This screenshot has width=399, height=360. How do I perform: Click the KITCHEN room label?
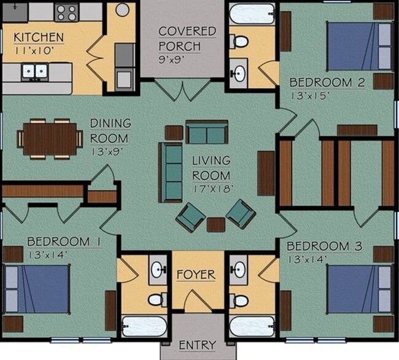[39, 37]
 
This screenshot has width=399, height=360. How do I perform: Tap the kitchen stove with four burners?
[66, 13]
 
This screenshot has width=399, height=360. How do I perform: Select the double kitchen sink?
[35, 71]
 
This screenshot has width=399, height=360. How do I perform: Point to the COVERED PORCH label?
[187, 39]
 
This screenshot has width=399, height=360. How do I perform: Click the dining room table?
[50, 139]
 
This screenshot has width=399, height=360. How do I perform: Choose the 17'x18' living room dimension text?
[213, 189]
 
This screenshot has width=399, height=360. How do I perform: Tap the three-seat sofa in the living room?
[170, 173]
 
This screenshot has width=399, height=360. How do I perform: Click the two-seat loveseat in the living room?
[207, 132]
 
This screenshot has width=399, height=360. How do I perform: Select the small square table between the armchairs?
[216, 225]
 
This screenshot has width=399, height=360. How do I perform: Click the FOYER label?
[196, 275]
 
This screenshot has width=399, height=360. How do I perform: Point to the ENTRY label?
[198, 345]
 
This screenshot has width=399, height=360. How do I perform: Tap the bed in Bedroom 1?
[37, 289]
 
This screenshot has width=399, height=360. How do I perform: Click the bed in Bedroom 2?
[359, 46]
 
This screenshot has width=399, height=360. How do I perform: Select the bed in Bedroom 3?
[359, 289]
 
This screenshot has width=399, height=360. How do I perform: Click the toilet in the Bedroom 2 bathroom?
[239, 41]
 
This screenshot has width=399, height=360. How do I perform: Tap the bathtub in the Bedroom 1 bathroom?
[144, 327]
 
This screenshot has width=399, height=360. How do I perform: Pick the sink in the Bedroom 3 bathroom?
[238, 270]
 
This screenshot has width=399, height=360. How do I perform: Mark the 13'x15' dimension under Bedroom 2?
[311, 96]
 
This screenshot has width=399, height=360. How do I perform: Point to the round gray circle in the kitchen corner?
[122, 10]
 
